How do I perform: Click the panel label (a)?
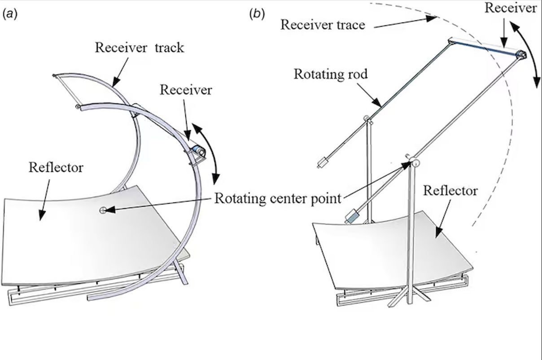10,14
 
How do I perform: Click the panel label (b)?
257,14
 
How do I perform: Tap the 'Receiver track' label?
139,48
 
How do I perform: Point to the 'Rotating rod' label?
330,74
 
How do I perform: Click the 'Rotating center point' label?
278,198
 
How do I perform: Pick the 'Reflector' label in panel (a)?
56,168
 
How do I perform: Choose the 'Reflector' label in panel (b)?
450,191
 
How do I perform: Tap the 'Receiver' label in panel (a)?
186,90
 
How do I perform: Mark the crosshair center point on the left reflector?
103,209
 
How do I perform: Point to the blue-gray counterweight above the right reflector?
352,217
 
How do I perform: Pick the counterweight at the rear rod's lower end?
323,162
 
